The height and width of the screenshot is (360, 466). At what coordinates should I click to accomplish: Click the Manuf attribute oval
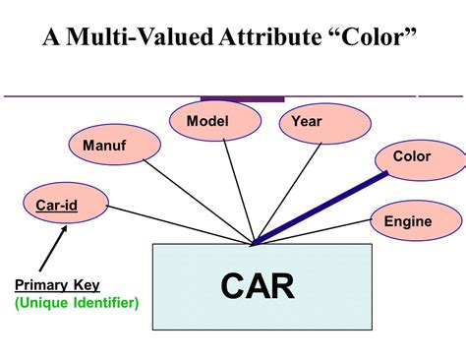click(103, 146)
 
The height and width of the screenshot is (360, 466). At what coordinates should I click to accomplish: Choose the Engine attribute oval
click(407, 220)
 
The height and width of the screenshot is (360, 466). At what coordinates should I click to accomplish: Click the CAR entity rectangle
click(262, 286)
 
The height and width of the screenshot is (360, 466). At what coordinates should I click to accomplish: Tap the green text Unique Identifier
click(76, 302)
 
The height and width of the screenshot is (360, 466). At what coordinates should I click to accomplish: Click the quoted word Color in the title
click(372, 40)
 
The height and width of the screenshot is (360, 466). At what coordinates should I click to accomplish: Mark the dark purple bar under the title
click(242, 98)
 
